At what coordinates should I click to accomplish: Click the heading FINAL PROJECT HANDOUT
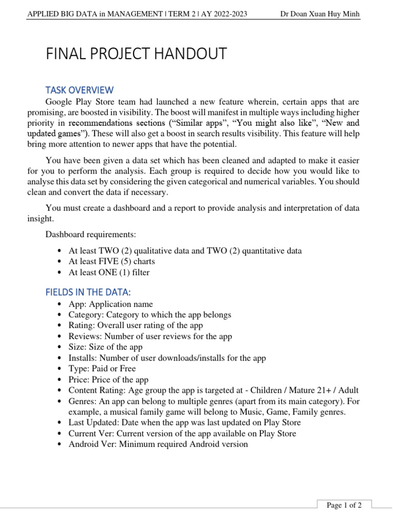coord(136,54)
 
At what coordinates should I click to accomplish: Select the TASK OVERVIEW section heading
coord(79,90)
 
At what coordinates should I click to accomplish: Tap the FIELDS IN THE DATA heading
coord(88,292)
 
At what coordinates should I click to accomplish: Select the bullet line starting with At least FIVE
coord(112,261)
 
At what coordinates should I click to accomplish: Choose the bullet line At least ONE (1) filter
coord(109,272)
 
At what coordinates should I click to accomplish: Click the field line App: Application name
coord(111,304)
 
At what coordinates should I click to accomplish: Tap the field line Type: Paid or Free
coord(102,369)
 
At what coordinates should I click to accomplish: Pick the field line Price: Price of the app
coord(108,379)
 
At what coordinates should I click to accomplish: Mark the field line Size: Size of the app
coord(105,347)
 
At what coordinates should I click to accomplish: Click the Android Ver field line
coord(158,444)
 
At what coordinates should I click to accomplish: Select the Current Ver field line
coord(182,433)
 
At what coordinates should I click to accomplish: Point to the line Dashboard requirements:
coord(91,234)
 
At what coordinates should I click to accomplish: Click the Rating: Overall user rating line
coord(136,326)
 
